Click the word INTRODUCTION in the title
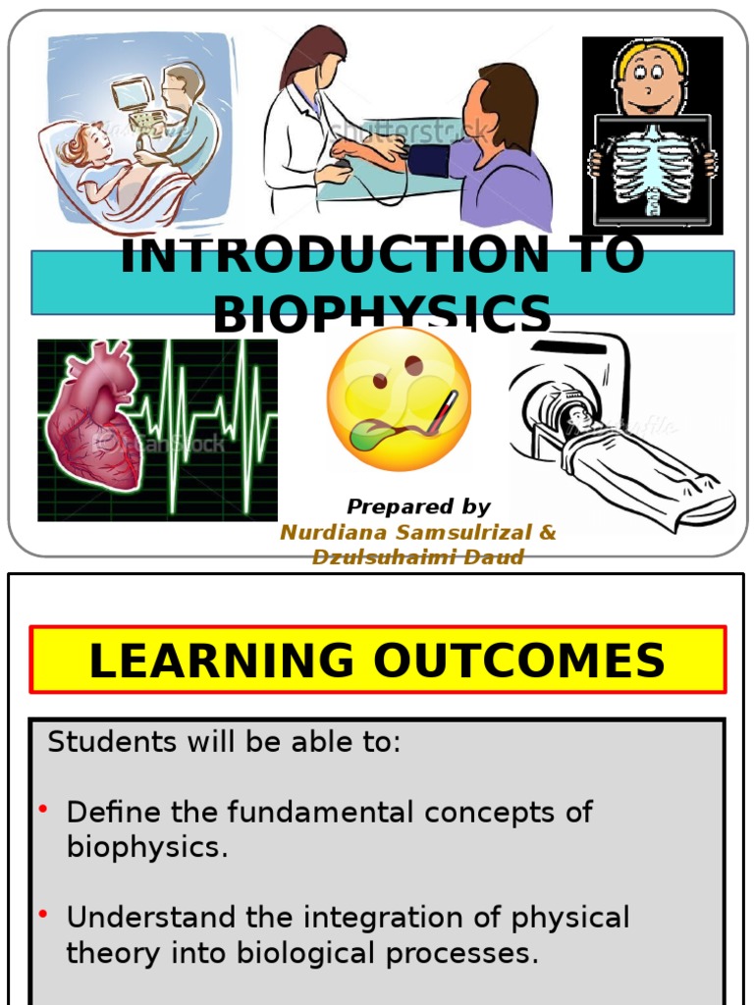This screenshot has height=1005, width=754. tap(333, 256)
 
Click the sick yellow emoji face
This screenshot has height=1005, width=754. tap(399, 398)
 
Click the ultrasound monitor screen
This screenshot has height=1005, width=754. tap(130, 95)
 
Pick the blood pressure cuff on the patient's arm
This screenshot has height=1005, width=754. tap(429, 160)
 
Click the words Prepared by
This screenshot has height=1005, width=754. tap(418, 507)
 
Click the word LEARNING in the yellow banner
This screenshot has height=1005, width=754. tap(221, 661)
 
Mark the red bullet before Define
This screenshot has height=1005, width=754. tap(44, 809)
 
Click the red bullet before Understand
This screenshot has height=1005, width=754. tap(44, 915)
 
